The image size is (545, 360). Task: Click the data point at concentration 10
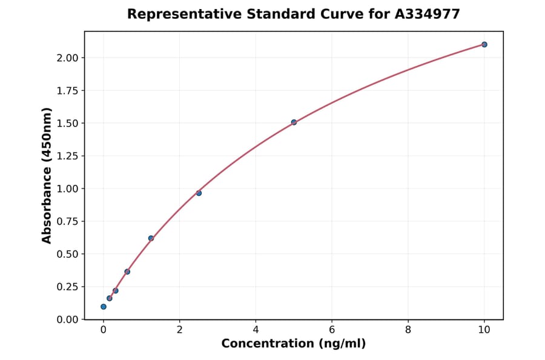[484, 44]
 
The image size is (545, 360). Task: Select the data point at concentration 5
[294, 122]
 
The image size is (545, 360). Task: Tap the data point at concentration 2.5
[199, 193]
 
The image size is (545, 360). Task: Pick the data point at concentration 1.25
[151, 238]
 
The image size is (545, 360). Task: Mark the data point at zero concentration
[104, 307]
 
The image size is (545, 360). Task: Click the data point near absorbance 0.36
[127, 272]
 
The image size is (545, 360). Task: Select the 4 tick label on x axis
[256, 330]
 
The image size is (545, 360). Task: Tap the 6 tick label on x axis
[332, 330]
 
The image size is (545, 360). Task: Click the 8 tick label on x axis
[408, 330]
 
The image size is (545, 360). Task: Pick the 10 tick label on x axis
[484, 330]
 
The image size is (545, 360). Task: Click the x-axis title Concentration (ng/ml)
[294, 344]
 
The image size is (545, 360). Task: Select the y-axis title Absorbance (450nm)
[47, 175]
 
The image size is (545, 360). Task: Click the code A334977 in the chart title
[428, 14]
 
